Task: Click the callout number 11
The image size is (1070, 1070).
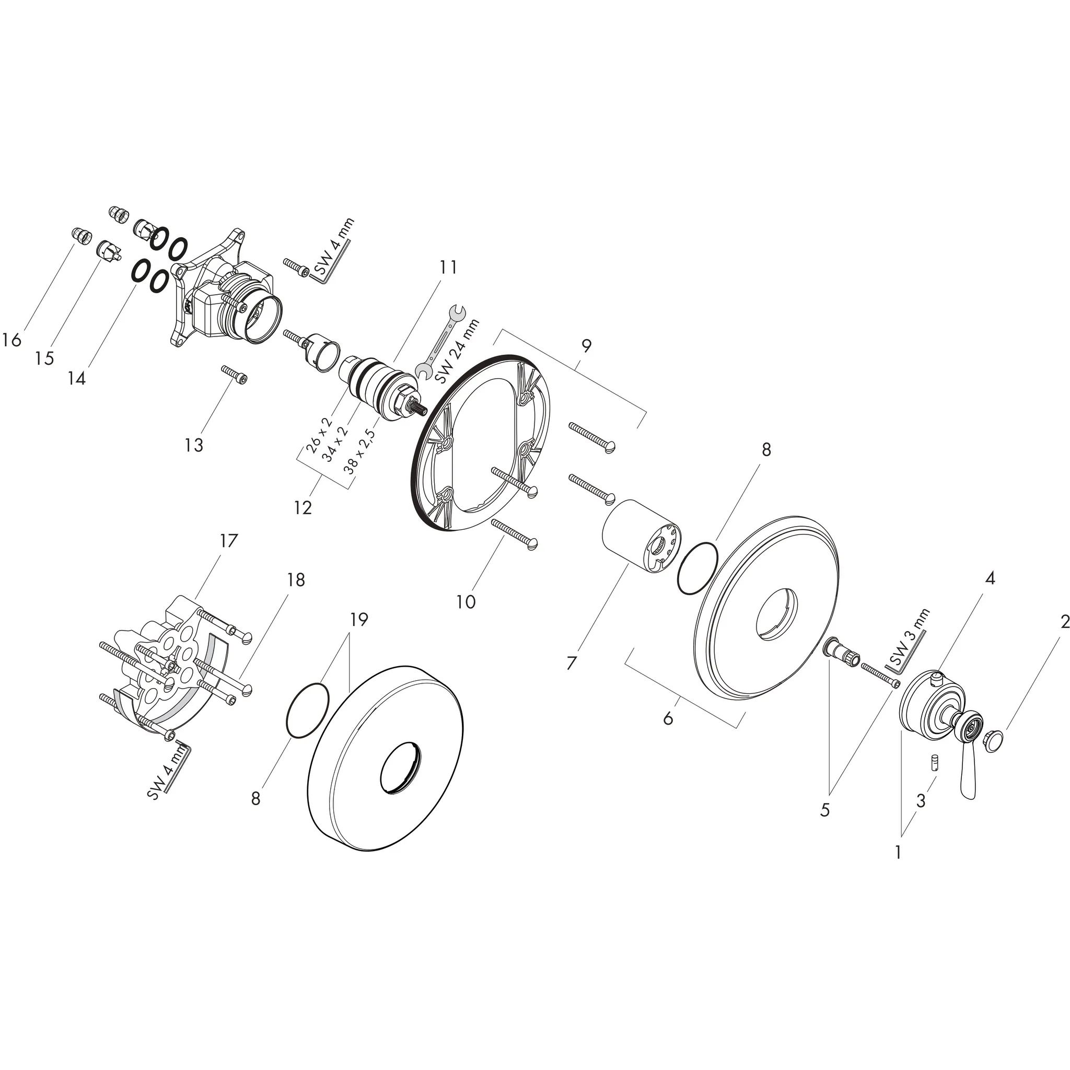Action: coord(448,267)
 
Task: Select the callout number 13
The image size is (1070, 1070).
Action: coord(194,445)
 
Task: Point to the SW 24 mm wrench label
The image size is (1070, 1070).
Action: coord(458,351)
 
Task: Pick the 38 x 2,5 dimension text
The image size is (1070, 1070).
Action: coord(360,451)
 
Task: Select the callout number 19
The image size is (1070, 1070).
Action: coord(359,619)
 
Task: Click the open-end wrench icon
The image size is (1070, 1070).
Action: coord(443,341)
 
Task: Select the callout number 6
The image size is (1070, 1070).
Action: coord(668,719)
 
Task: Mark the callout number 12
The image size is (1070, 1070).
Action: coord(303,507)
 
